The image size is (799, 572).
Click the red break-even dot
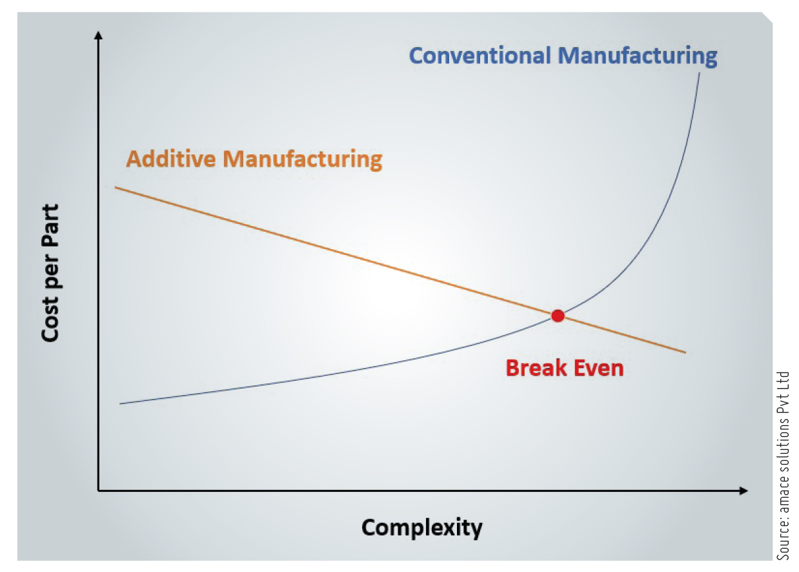pyautogui.click(x=558, y=316)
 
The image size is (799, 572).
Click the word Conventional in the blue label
pyautogui.click(x=480, y=56)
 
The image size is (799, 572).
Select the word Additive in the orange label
pyautogui.click(x=171, y=159)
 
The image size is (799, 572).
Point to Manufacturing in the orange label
pyautogui.click(x=303, y=160)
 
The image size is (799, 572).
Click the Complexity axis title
pyautogui.click(x=421, y=527)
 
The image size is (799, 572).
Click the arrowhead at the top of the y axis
pyautogui.click(x=99, y=35)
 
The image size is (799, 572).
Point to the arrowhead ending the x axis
pyautogui.click(x=743, y=491)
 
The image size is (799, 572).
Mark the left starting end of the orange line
pyautogui.click(x=116, y=187)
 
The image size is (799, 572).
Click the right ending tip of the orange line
pyautogui.click(x=685, y=352)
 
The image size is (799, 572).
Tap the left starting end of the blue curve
pyautogui.click(x=120, y=403)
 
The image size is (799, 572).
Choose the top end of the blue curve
pyautogui.click(x=699, y=73)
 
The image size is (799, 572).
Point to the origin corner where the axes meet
pyautogui.click(x=99, y=491)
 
